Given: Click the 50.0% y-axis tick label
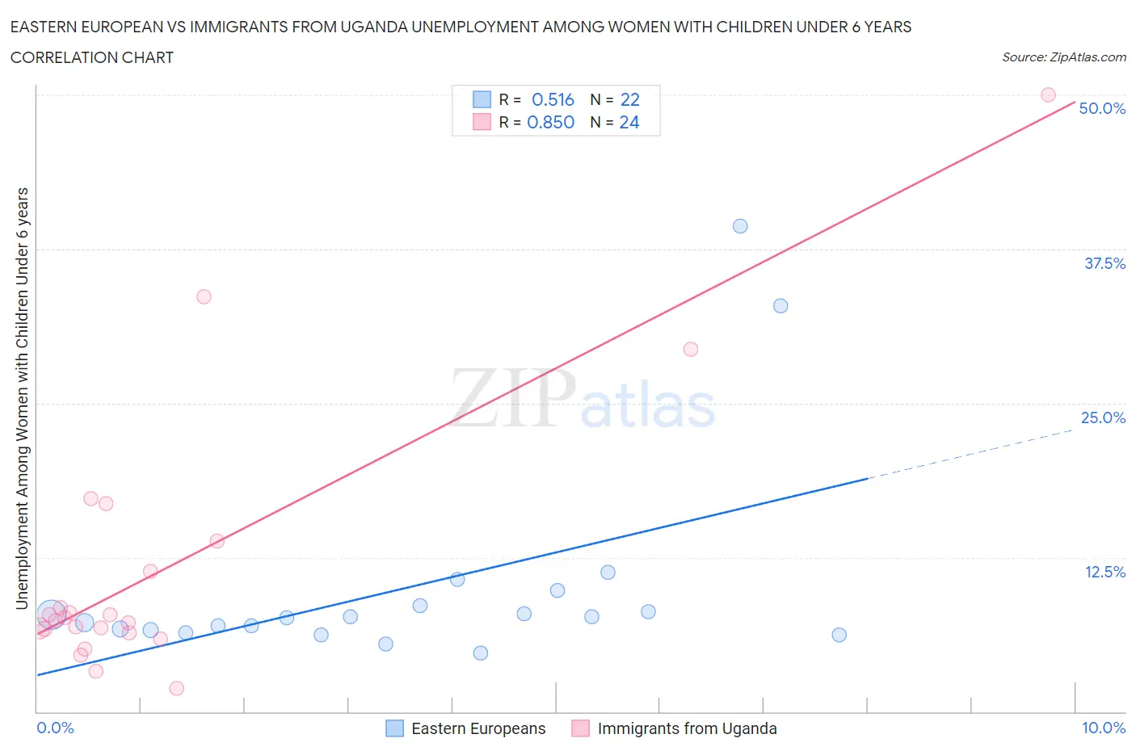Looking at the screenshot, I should pyautogui.click(x=1102, y=108).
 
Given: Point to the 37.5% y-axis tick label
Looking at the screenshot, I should pyautogui.click(x=1104, y=263).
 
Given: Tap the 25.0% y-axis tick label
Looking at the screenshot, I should pyautogui.click(x=1103, y=417).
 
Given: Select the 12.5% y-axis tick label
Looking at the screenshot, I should pyautogui.click(x=1104, y=572).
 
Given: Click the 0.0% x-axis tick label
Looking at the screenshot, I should pyautogui.click(x=55, y=728).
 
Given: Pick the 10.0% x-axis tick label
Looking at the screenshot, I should pyautogui.click(x=1103, y=728).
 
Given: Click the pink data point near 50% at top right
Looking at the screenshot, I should pyautogui.click(x=1048, y=94).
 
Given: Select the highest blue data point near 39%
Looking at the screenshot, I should pyautogui.click(x=740, y=226).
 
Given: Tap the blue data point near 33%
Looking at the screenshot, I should pyautogui.click(x=780, y=305).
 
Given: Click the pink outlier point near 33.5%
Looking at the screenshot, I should pyautogui.click(x=204, y=296).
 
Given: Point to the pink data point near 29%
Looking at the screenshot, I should pyautogui.click(x=691, y=349).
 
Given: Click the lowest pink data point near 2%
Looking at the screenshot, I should pyautogui.click(x=177, y=688).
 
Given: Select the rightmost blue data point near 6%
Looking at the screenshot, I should pyautogui.click(x=839, y=635).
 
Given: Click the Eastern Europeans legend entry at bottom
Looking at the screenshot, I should pyautogui.click(x=466, y=728).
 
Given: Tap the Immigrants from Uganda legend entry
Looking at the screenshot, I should pyautogui.click(x=675, y=728).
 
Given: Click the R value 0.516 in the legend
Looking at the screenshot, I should pyautogui.click(x=553, y=99).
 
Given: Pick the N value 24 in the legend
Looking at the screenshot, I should pyautogui.click(x=629, y=122).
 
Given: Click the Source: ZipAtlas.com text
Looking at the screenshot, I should pyautogui.click(x=1063, y=57).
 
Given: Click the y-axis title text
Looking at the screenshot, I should pyautogui.click(x=22, y=398).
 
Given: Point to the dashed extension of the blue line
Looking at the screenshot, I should pyautogui.click(x=970, y=454).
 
